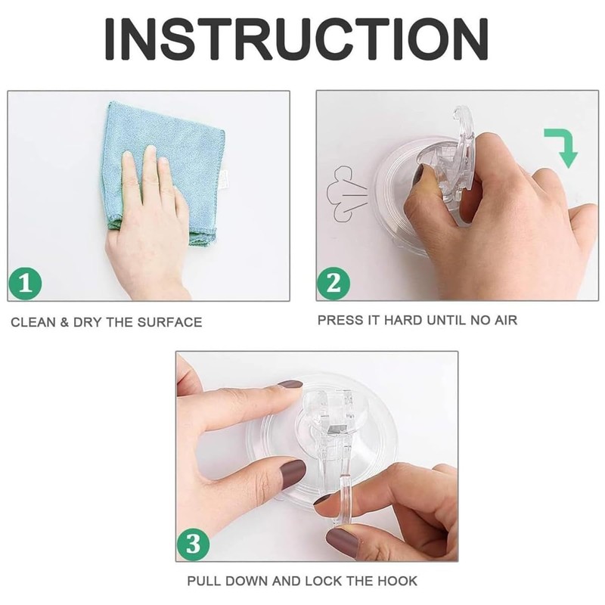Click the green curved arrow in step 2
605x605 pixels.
click(x=562, y=147)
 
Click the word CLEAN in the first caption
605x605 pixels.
click(x=32, y=322)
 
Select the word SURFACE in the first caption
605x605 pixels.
click(x=172, y=322)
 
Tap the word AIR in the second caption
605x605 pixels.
click(x=505, y=320)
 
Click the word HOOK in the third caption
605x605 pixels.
click(x=396, y=582)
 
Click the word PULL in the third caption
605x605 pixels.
click(x=205, y=582)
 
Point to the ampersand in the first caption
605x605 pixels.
click(x=65, y=322)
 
